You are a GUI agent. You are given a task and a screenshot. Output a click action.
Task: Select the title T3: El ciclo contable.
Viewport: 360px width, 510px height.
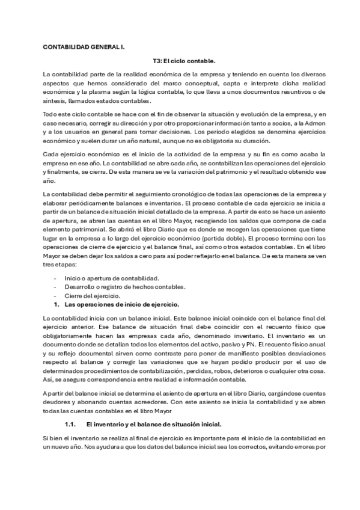click(180, 61)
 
